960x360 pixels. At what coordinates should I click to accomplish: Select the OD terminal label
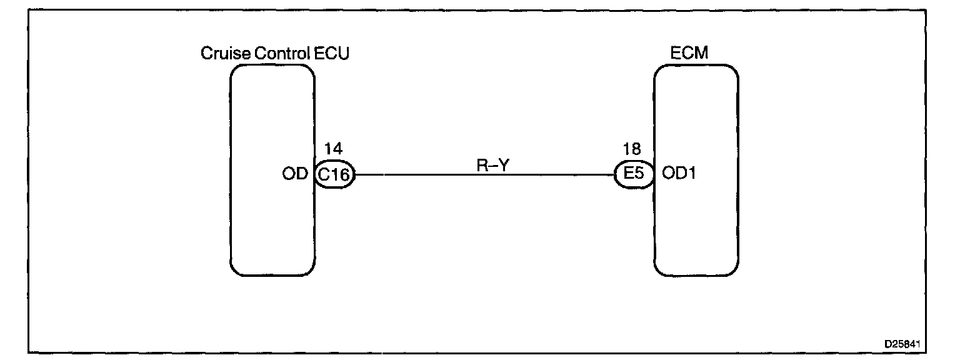296,174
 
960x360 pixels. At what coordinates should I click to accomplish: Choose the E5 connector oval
633,174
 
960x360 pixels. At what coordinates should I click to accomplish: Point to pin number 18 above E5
632,151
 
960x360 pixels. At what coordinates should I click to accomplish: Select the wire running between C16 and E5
484,174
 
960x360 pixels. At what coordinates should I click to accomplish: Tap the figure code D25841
902,344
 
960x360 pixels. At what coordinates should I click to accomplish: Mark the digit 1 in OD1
692,174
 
